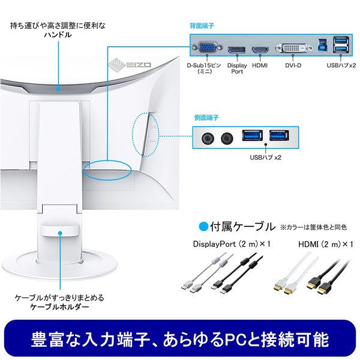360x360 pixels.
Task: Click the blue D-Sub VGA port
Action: coord(207,47)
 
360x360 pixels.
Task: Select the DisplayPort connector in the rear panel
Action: coord(236,50)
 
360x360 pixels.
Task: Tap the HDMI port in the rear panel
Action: coord(260,50)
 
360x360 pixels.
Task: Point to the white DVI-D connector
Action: coord(293,48)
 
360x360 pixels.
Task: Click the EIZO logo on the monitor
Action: coord(130,64)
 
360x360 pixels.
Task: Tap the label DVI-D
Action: coord(293,65)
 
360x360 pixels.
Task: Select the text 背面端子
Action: coord(202,26)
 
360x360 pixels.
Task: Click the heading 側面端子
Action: coord(206,118)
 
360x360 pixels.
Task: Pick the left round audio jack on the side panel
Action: coord(208,139)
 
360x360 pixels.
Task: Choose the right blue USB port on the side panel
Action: coord(279,135)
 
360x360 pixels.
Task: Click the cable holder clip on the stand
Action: coord(60,230)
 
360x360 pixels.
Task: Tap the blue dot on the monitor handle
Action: coord(58,89)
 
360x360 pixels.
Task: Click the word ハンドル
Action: coord(58,35)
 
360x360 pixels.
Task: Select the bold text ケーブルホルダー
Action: coord(59,307)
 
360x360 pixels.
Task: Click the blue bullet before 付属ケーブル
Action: coord(203,226)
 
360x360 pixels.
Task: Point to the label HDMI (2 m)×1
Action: coord(326,244)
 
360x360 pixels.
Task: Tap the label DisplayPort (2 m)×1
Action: coord(232,244)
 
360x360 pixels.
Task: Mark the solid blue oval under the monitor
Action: coord(107,170)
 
